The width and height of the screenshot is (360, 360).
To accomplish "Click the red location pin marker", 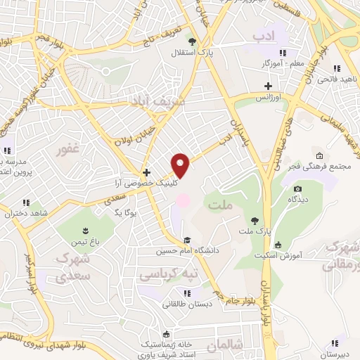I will (181, 165).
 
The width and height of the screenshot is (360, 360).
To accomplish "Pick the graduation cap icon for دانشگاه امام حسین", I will (186, 240).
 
